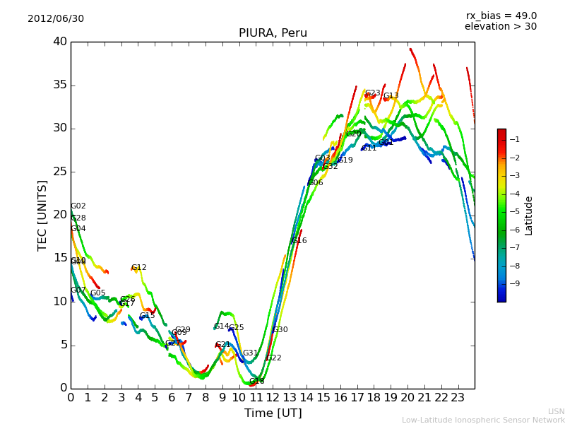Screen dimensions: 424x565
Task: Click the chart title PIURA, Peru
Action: pyautogui.click(x=273, y=33)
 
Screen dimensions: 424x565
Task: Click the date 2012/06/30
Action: pyautogui.click(x=56, y=18)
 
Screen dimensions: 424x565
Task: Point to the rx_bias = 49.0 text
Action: pyautogui.click(x=501, y=16)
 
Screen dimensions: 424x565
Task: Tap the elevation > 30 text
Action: pyautogui.click(x=501, y=27)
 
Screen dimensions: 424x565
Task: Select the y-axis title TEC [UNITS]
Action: pyautogui.click(x=42, y=215)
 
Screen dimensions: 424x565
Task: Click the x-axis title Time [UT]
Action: pyautogui.click(x=273, y=413)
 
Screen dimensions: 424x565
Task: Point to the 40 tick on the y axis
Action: pyautogui.click(x=59, y=42)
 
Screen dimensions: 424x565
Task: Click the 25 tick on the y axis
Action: pyautogui.click(x=59, y=172)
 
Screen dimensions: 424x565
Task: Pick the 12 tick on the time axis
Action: pyautogui.click(x=273, y=397)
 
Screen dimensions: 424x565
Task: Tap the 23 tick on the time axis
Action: pyautogui.click(x=458, y=397)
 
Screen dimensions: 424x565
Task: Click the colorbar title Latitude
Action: pyautogui.click(x=529, y=216)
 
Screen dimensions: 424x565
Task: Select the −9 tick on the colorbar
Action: pyautogui.click(x=514, y=283)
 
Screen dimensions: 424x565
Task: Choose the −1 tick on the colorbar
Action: pyautogui.click(x=514, y=139)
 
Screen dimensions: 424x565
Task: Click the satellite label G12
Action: pyautogui.click(x=139, y=268)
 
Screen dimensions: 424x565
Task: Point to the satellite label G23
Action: pyautogui.click(x=372, y=93)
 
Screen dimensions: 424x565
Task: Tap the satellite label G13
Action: pyautogui.click(x=391, y=96)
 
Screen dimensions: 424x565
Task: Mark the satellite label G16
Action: pyautogui.click(x=299, y=241)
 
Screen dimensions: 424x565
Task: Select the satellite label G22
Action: pyautogui.click(x=274, y=358)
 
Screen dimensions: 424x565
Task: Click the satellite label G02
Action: pyautogui.click(x=78, y=206)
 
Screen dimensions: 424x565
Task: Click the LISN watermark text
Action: pyautogui.click(x=557, y=411)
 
